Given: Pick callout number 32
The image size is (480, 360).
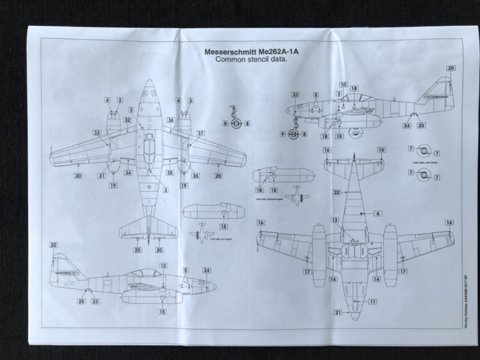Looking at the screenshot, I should [128, 119].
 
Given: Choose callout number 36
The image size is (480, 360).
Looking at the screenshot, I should [171, 119].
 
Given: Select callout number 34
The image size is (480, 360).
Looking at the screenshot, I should [128, 173].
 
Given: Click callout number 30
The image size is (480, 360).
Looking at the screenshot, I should [169, 173].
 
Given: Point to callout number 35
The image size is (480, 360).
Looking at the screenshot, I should [196, 176].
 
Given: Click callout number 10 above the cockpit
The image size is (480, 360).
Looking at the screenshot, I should [343, 85].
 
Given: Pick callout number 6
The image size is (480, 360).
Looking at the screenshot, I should [377, 213].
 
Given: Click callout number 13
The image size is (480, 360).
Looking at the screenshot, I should [335, 220].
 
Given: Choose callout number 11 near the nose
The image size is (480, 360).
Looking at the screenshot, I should [373, 302].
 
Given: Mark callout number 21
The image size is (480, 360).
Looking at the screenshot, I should [337, 312].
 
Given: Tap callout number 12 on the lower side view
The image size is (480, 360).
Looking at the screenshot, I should [163, 265].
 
